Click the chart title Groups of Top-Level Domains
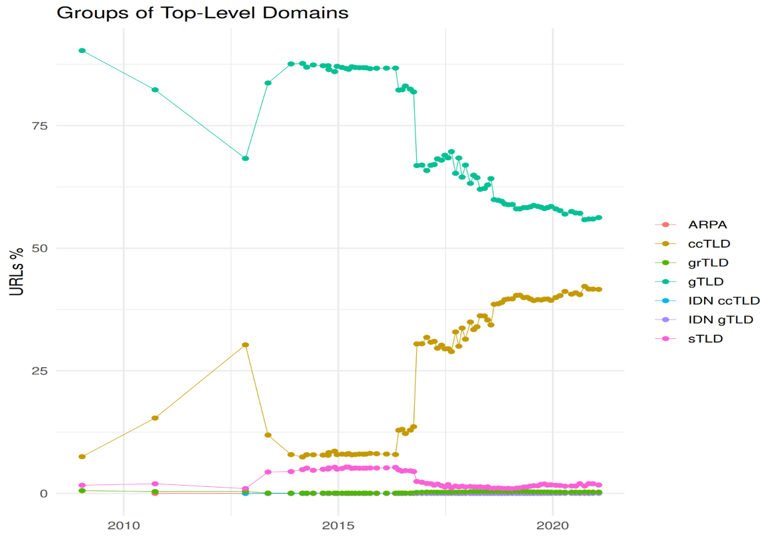(x=202, y=13)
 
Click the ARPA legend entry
(x=707, y=225)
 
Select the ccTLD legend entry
(x=708, y=244)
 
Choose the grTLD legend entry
(x=708, y=263)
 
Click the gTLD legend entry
(x=706, y=282)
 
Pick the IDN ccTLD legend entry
(x=723, y=301)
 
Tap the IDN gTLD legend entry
(x=720, y=320)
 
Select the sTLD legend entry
(x=705, y=338)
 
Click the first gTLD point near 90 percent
(x=82, y=50)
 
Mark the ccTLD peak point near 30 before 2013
(x=246, y=345)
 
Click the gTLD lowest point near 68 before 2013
(x=246, y=159)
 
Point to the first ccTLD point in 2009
(x=82, y=457)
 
